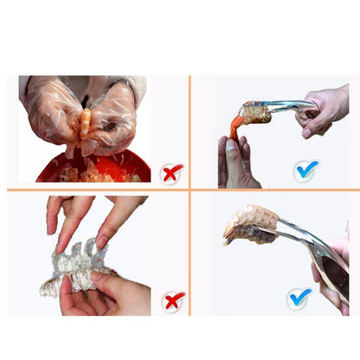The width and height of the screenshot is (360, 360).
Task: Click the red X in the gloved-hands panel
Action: tap(172, 172)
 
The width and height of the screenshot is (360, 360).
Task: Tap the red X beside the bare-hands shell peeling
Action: tap(173, 300)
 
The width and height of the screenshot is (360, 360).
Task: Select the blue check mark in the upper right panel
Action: tap(305, 170)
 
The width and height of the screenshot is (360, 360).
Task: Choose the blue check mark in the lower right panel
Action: tap(299, 299)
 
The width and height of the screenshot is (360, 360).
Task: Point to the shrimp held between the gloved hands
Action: tap(86, 126)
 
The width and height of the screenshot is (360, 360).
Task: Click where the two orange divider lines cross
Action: tap(190, 190)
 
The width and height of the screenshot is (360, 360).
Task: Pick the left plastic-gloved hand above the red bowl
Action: tap(48, 112)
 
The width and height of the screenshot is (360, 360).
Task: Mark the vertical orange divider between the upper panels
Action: tap(190, 130)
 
